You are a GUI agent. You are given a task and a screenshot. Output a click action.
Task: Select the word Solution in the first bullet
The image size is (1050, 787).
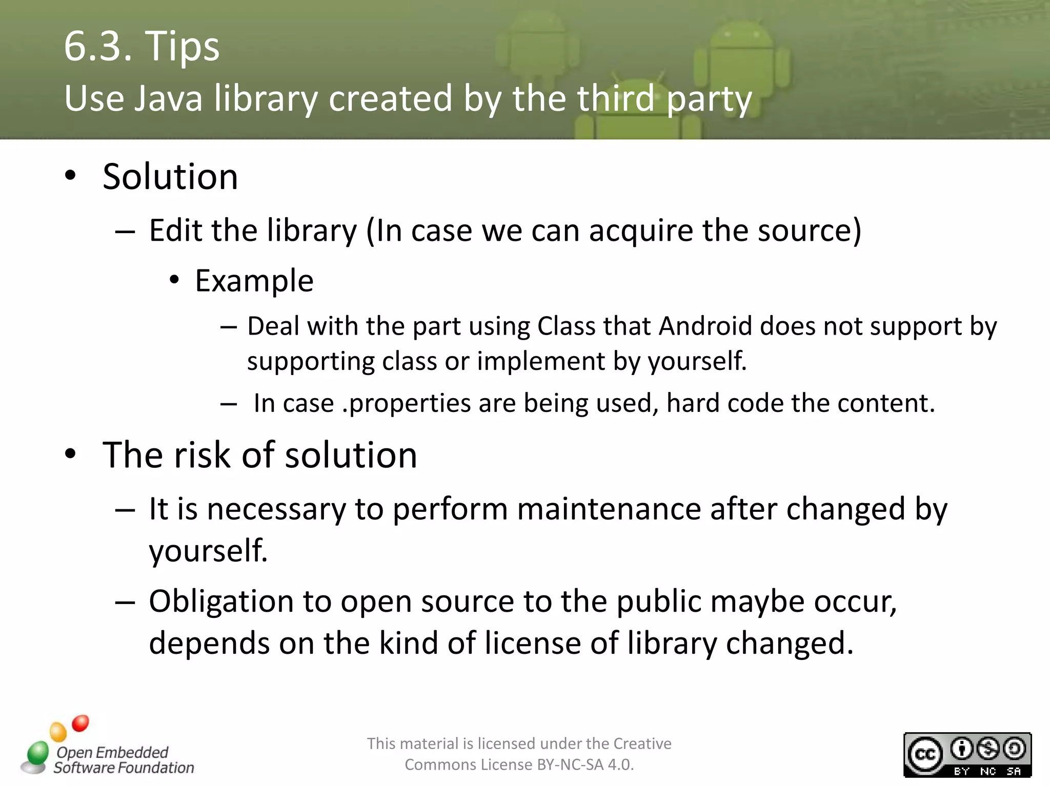(x=170, y=177)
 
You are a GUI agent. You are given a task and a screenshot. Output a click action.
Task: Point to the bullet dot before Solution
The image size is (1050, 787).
(x=71, y=175)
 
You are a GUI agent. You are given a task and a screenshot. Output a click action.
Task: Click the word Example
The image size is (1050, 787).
(x=254, y=281)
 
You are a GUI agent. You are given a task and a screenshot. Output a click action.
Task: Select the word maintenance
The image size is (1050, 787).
(x=609, y=509)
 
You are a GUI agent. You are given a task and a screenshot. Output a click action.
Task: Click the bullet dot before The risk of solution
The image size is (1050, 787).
(x=71, y=454)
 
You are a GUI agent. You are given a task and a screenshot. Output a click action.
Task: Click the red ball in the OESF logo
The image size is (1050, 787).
(x=80, y=723)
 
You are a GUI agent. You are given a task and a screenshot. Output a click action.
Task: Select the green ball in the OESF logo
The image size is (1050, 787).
(x=37, y=753)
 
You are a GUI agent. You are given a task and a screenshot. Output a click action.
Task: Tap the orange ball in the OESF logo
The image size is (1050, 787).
(x=58, y=732)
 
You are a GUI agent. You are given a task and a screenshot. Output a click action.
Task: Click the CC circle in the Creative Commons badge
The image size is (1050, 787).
(x=925, y=754)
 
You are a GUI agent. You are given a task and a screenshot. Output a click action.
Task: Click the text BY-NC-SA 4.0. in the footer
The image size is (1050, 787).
(x=585, y=765)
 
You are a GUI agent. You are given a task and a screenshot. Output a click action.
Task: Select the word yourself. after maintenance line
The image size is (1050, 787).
(x=208, y=551)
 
